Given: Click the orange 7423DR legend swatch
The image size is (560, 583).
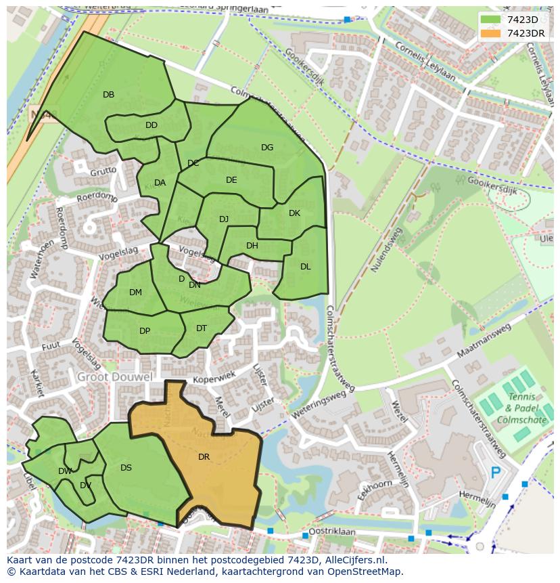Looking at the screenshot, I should coord(492,33).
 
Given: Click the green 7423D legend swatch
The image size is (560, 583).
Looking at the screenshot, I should coord(492,20).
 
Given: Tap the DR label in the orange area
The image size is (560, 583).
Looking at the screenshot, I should coord(204,457).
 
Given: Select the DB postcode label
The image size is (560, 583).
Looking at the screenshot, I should coord(108,95).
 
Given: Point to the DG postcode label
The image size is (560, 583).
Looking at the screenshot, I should coord(267,148).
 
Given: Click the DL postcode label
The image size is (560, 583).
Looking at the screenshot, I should coord(305,267).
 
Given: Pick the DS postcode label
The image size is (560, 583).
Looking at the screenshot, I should coord(126,468).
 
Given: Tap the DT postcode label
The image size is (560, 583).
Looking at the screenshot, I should coord(202,328).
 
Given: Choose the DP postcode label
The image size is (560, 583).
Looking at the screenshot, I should coord(145,331).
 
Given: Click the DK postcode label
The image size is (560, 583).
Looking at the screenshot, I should coord(294,213).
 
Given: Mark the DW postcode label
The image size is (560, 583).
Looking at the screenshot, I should coord(65,471).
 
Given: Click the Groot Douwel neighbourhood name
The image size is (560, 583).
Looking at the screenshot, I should coord(114,376).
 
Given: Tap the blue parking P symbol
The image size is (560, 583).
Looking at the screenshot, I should coord(496,473).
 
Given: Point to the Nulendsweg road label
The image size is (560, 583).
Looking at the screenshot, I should coord(386,250).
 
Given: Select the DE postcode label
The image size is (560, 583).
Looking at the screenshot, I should coord(231,180).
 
